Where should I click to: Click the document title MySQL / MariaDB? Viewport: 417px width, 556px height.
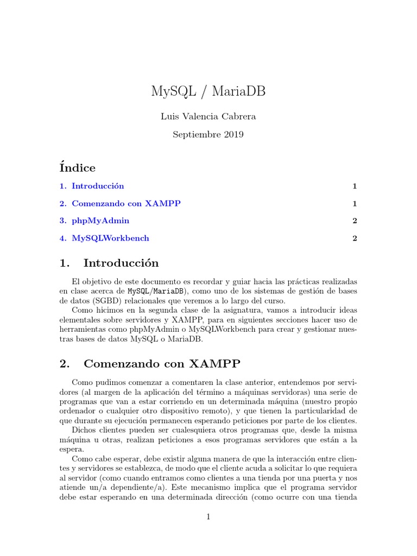(208, 91)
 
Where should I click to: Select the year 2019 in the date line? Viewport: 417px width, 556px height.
(233, 135)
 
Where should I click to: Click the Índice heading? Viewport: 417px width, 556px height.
(78, 168)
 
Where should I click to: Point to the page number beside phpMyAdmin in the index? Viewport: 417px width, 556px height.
(354, 220)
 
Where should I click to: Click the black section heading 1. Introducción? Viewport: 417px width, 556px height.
(109, 263)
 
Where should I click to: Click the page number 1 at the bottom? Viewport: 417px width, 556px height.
(208, 517)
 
